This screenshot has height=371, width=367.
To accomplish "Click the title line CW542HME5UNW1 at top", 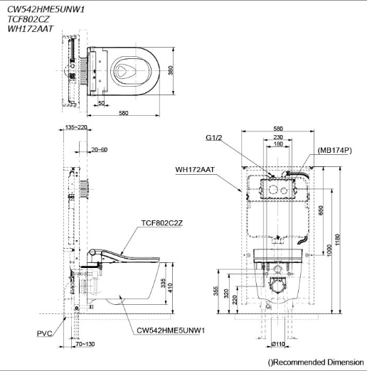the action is (46, 9).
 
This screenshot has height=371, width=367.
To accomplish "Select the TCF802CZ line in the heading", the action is (28, 19).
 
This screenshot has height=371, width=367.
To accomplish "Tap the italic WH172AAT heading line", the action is (30, 28).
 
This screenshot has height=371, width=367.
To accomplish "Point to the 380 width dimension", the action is (171, 70).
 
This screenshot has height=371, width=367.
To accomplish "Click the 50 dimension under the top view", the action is (101, 103).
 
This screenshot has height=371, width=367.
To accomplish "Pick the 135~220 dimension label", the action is (76, 127).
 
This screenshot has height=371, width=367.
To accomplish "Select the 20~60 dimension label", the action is (100, 150).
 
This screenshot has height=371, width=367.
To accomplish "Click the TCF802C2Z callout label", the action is (162, 223).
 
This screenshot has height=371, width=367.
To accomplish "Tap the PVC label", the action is (45, 333).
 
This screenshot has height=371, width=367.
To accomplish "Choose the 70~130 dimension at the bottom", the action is (85, 344).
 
